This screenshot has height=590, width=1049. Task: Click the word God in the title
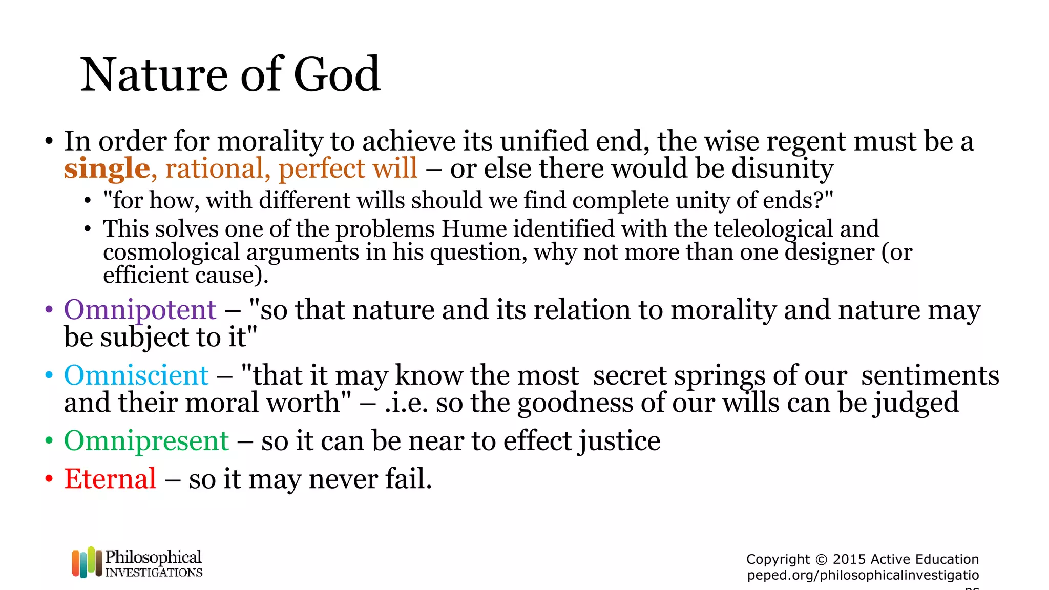click(x=337, y=75)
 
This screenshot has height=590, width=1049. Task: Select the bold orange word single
click(x=107, y=168)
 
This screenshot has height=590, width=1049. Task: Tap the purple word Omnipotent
click(x=140, y=310)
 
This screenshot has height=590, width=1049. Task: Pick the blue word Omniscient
click(x=136, y=375)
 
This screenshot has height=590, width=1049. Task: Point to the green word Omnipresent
click(x=146, y=440)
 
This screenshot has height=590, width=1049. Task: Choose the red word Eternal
click(x=110, y=479)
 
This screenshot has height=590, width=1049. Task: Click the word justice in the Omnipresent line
click(x=619, y=440)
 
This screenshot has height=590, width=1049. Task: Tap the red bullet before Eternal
click(x=49, y=479)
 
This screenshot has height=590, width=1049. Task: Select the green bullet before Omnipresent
click(x=49, y=440)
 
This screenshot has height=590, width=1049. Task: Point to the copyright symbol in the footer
click(x=821, y=559)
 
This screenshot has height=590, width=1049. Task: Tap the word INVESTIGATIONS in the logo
click(x=154, y=572)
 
